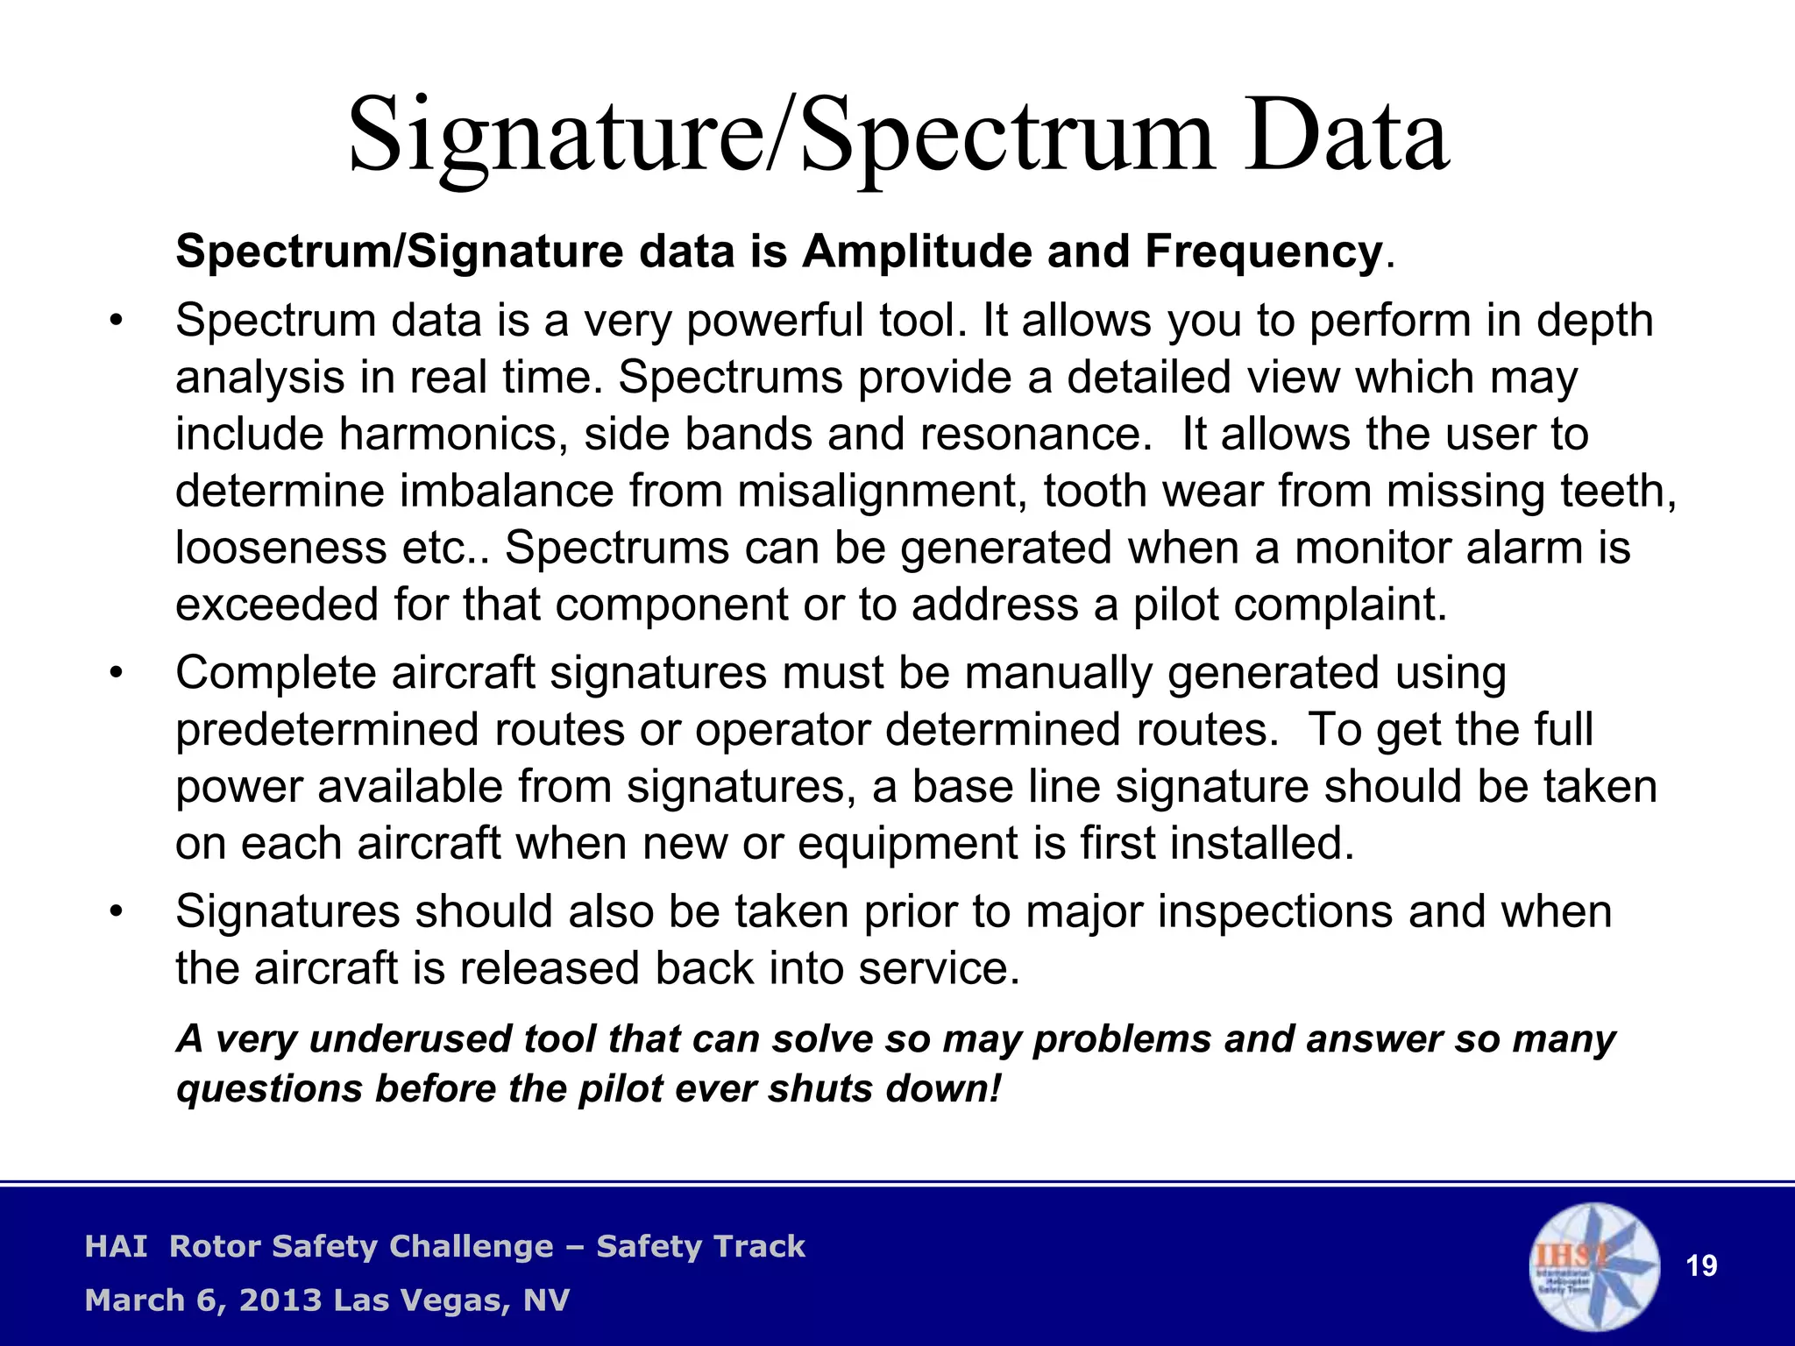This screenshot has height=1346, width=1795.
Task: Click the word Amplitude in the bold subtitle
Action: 917,252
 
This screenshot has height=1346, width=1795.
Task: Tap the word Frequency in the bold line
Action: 1263,252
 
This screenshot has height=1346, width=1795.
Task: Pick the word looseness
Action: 280,549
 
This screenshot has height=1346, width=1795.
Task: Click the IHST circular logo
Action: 1594,1266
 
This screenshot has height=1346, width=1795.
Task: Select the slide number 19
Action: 1701,1266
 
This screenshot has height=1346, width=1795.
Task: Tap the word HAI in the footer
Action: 116,1247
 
